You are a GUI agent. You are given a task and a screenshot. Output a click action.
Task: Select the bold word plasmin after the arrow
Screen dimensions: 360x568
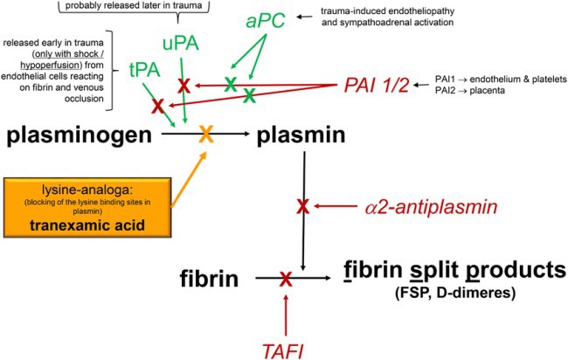[300, 135]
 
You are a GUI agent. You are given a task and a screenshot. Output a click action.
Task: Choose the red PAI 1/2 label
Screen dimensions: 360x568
[376, 87]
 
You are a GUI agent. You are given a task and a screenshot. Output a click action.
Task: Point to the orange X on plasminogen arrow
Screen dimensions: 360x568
[206, 135]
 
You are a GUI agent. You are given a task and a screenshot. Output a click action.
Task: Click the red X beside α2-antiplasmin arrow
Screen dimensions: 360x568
[302, 206]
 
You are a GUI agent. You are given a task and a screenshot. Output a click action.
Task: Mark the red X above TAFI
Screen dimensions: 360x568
[285, 279]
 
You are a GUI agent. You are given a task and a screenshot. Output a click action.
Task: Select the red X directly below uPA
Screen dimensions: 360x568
[184, 85]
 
